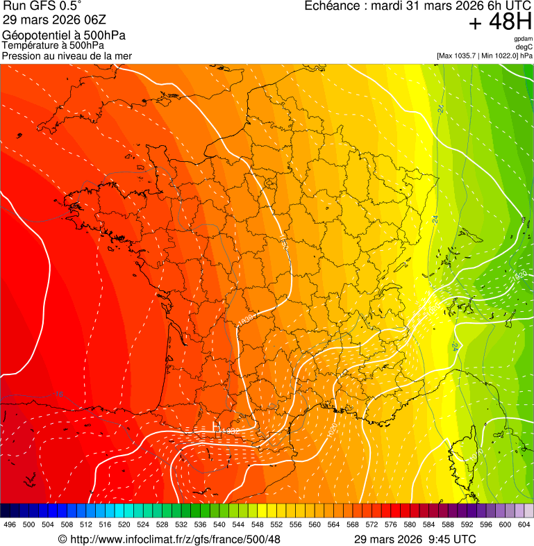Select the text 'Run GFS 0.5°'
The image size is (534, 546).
(42, 6)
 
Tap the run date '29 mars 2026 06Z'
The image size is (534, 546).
(47, 19)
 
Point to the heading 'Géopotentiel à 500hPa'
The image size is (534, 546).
(64, 35)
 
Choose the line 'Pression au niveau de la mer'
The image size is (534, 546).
(67, 56)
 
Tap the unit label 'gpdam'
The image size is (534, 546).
(523, 39)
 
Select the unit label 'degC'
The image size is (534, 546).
(524, 47)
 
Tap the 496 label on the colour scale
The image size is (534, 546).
(10, 525)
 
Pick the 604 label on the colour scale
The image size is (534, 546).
(524, 525)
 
